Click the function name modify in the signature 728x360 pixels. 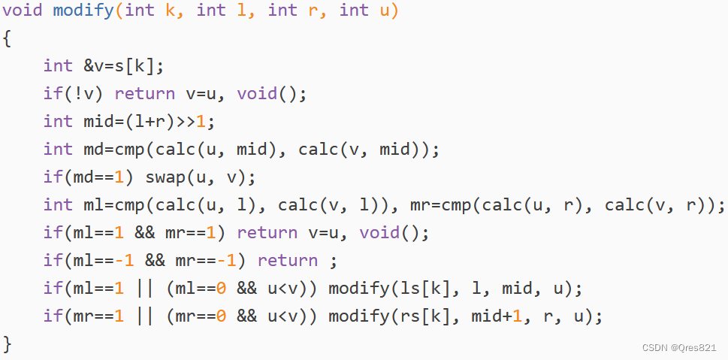coord(83,11)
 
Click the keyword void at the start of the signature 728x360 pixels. coord(23,11)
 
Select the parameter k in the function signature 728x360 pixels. coord(171,11)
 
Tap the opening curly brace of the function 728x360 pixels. coord(7,38)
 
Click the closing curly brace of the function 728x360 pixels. coord(7,344)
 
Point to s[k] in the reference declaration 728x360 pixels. coord(139,66)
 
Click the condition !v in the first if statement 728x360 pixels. coord(89,94)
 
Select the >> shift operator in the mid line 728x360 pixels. coord(186,122)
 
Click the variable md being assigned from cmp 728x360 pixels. coord(94,149)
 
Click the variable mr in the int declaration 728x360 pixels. coord(420,205)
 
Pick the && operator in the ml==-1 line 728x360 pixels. coord(155,261)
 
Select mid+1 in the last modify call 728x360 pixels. coord(497,316)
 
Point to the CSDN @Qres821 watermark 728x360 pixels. coord(679,347)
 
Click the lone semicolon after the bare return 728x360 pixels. coord(332,262)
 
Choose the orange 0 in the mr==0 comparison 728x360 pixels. coord(221,316)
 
